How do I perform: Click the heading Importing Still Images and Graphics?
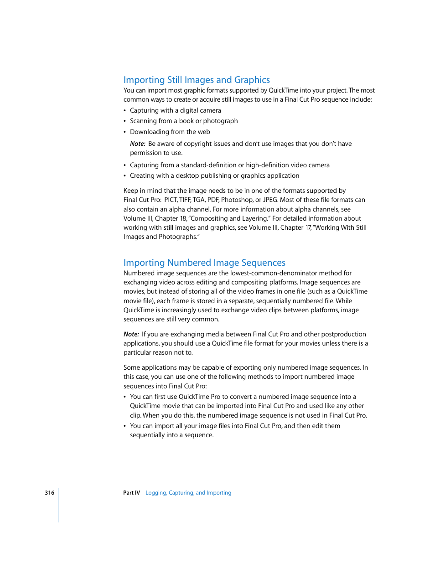point(197,80)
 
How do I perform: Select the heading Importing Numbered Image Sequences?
point(204,263)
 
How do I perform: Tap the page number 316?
point(49,493)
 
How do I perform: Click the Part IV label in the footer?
point(131,493)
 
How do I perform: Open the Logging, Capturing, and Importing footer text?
point(188,493)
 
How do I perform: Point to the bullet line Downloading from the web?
point(170,132)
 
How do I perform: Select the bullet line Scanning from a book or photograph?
point(184,121)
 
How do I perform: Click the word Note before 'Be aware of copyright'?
point(137,144)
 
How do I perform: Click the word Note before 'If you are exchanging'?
point(131,334)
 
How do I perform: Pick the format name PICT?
point(171,200)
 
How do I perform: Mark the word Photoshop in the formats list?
point(237,200)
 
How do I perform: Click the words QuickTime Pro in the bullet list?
point(199,397)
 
